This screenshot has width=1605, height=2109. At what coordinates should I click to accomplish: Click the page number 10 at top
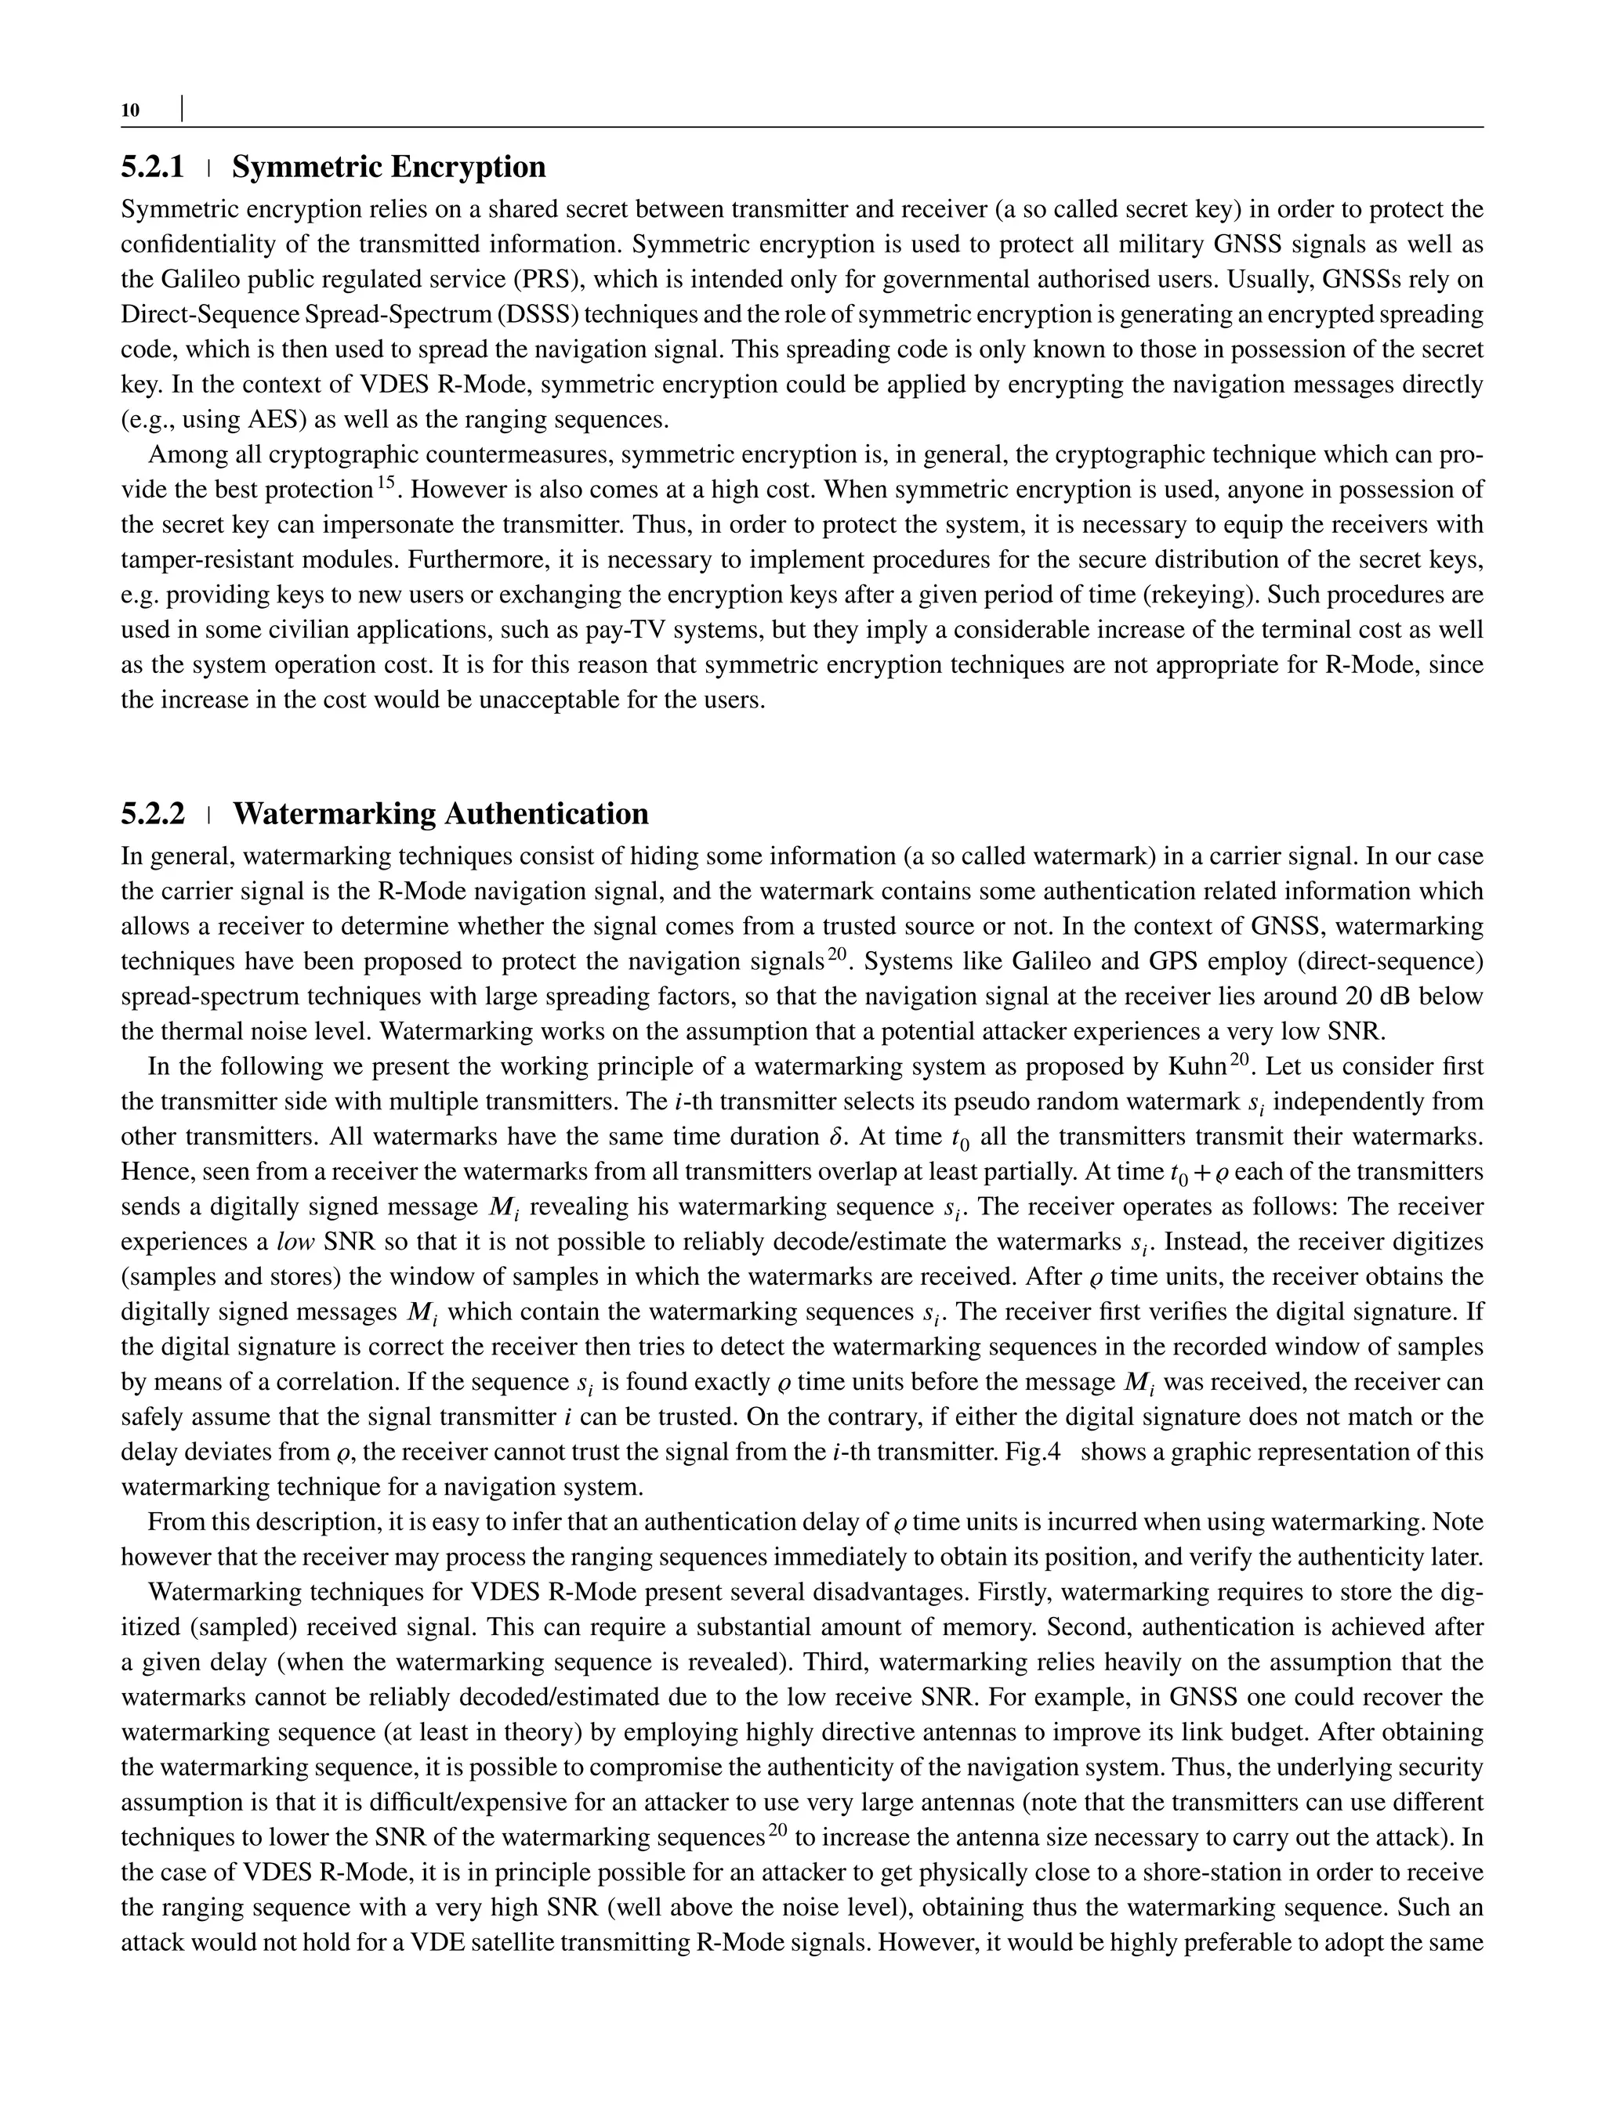pos(130,110)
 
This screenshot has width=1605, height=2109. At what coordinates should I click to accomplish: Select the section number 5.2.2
pos(152,814)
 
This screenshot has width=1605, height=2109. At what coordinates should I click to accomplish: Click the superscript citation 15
pos(385,484)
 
